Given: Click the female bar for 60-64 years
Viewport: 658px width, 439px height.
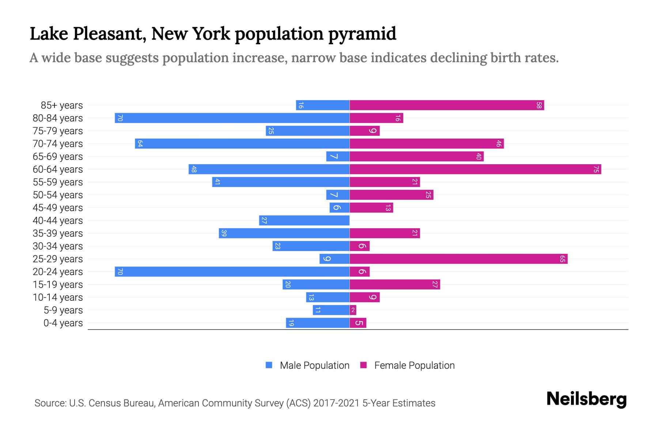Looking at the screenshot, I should pyautogui.click(x=475, y=169).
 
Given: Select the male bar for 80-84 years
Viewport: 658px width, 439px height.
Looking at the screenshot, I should pyautogui.click(x=232, y=118).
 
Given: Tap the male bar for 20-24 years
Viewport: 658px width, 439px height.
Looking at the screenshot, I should pyautogui.click(x=232, y=272).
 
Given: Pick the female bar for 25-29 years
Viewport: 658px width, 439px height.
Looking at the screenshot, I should pyautogui.click(x=458, y=259).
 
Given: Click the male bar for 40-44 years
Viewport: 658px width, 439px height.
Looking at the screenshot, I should pyautogui.click(x=304, y=221).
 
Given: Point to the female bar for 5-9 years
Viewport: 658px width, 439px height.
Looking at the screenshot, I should pyautogui.click(x=353, y=310).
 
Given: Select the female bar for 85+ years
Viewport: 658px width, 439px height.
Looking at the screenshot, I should pyautogui.click(x=447, y=105).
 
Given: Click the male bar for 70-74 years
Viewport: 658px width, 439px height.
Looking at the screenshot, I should pyautogui.click(x=242, y=144).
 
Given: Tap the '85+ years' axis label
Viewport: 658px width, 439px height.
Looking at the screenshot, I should pyautogui.click(x=62, y=105).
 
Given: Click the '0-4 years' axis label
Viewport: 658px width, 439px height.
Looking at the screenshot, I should pyautogui.click(x=63, y=323).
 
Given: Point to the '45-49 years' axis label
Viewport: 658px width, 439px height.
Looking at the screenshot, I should pyautogui.click(x=58, y=208).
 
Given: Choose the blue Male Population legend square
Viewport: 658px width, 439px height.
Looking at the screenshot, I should pyautogui.click(x=269, y=365).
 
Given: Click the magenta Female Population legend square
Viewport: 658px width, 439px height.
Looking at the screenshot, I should pyautogui.click(x=363, y=365).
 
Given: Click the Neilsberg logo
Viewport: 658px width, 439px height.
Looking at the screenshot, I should pyautogui.click(x=586, y=399).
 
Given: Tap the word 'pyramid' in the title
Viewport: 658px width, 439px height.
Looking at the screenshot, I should pyautogui.click(x=362, y=34).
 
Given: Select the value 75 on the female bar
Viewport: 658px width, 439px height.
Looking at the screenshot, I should pyautogui.click(x=596, y=169).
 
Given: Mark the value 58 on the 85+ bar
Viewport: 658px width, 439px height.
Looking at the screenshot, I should pyautogui.click(x=539, y=105).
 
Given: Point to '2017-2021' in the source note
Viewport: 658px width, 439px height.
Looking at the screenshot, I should pyautogui.click(x=336, y=403).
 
